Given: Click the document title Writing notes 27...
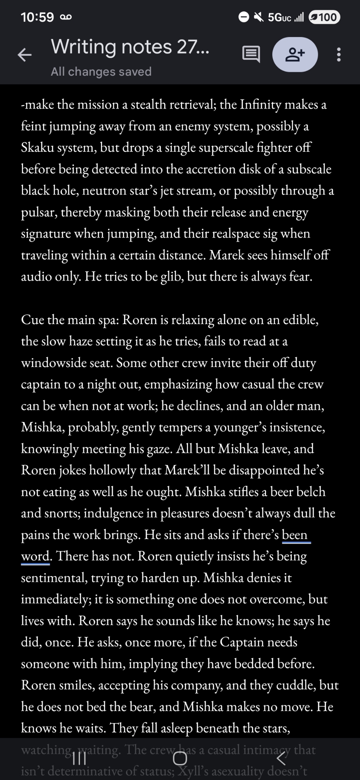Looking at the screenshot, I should (130, 47).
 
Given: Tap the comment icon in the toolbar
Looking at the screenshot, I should (251, 55).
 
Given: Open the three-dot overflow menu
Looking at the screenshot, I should (339, 55).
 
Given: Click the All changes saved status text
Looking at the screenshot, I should (101, 72).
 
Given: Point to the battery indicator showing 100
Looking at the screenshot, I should (324, 17).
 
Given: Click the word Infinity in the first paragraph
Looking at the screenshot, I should (260, 105).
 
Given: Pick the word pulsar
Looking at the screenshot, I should (38, 213).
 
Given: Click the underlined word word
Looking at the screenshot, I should (35, 557).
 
